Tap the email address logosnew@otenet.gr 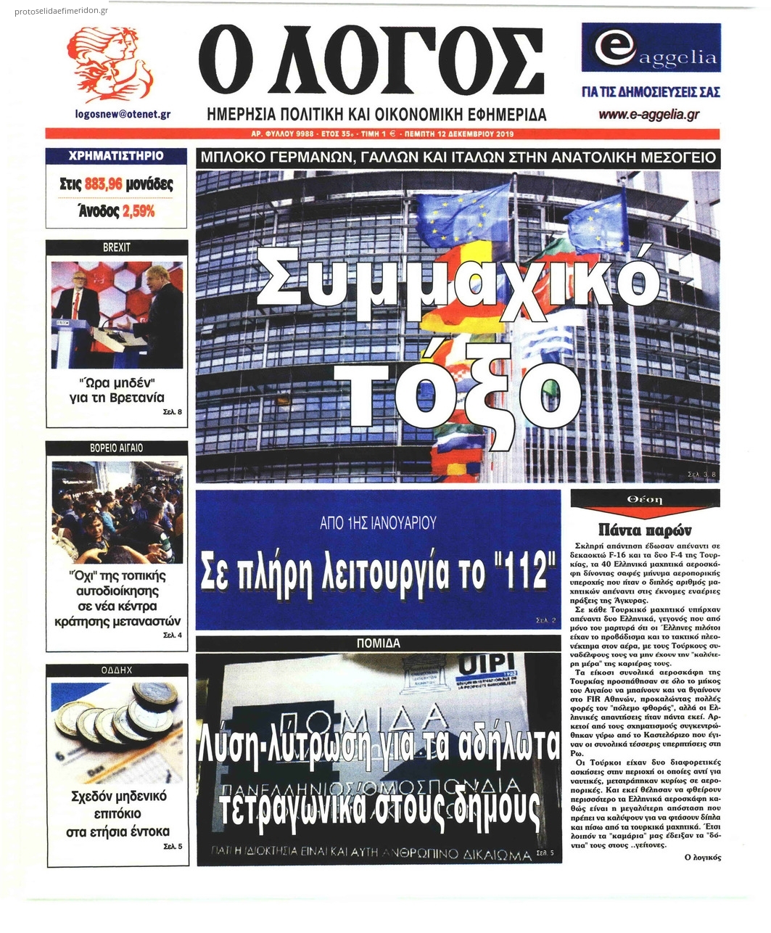pos(123,114)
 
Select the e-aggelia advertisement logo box pos(651,48)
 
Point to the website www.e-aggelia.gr pos(648,114)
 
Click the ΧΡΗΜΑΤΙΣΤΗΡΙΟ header pos(116,156)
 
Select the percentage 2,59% pos(138,211)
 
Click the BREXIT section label pos(117,247)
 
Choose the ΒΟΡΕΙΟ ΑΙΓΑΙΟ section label pos(117,448)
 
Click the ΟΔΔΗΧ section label pos(117,670)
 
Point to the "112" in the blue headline pos(516,572)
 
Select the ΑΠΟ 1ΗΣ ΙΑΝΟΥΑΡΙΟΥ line pos(378,522)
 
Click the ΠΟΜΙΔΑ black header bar pos(378,643)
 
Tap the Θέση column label pos(645,499)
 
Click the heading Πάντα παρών pos(645,529)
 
